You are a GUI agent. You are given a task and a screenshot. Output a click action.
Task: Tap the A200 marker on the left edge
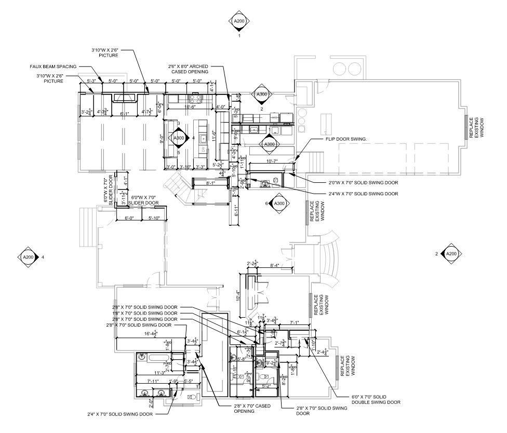pos(28,257)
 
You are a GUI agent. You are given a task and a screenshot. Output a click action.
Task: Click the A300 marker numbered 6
pos(279,203)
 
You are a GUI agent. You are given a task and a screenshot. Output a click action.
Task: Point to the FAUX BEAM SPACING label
pos(53,66)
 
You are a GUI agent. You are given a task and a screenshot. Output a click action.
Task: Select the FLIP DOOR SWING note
pos(346,140)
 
